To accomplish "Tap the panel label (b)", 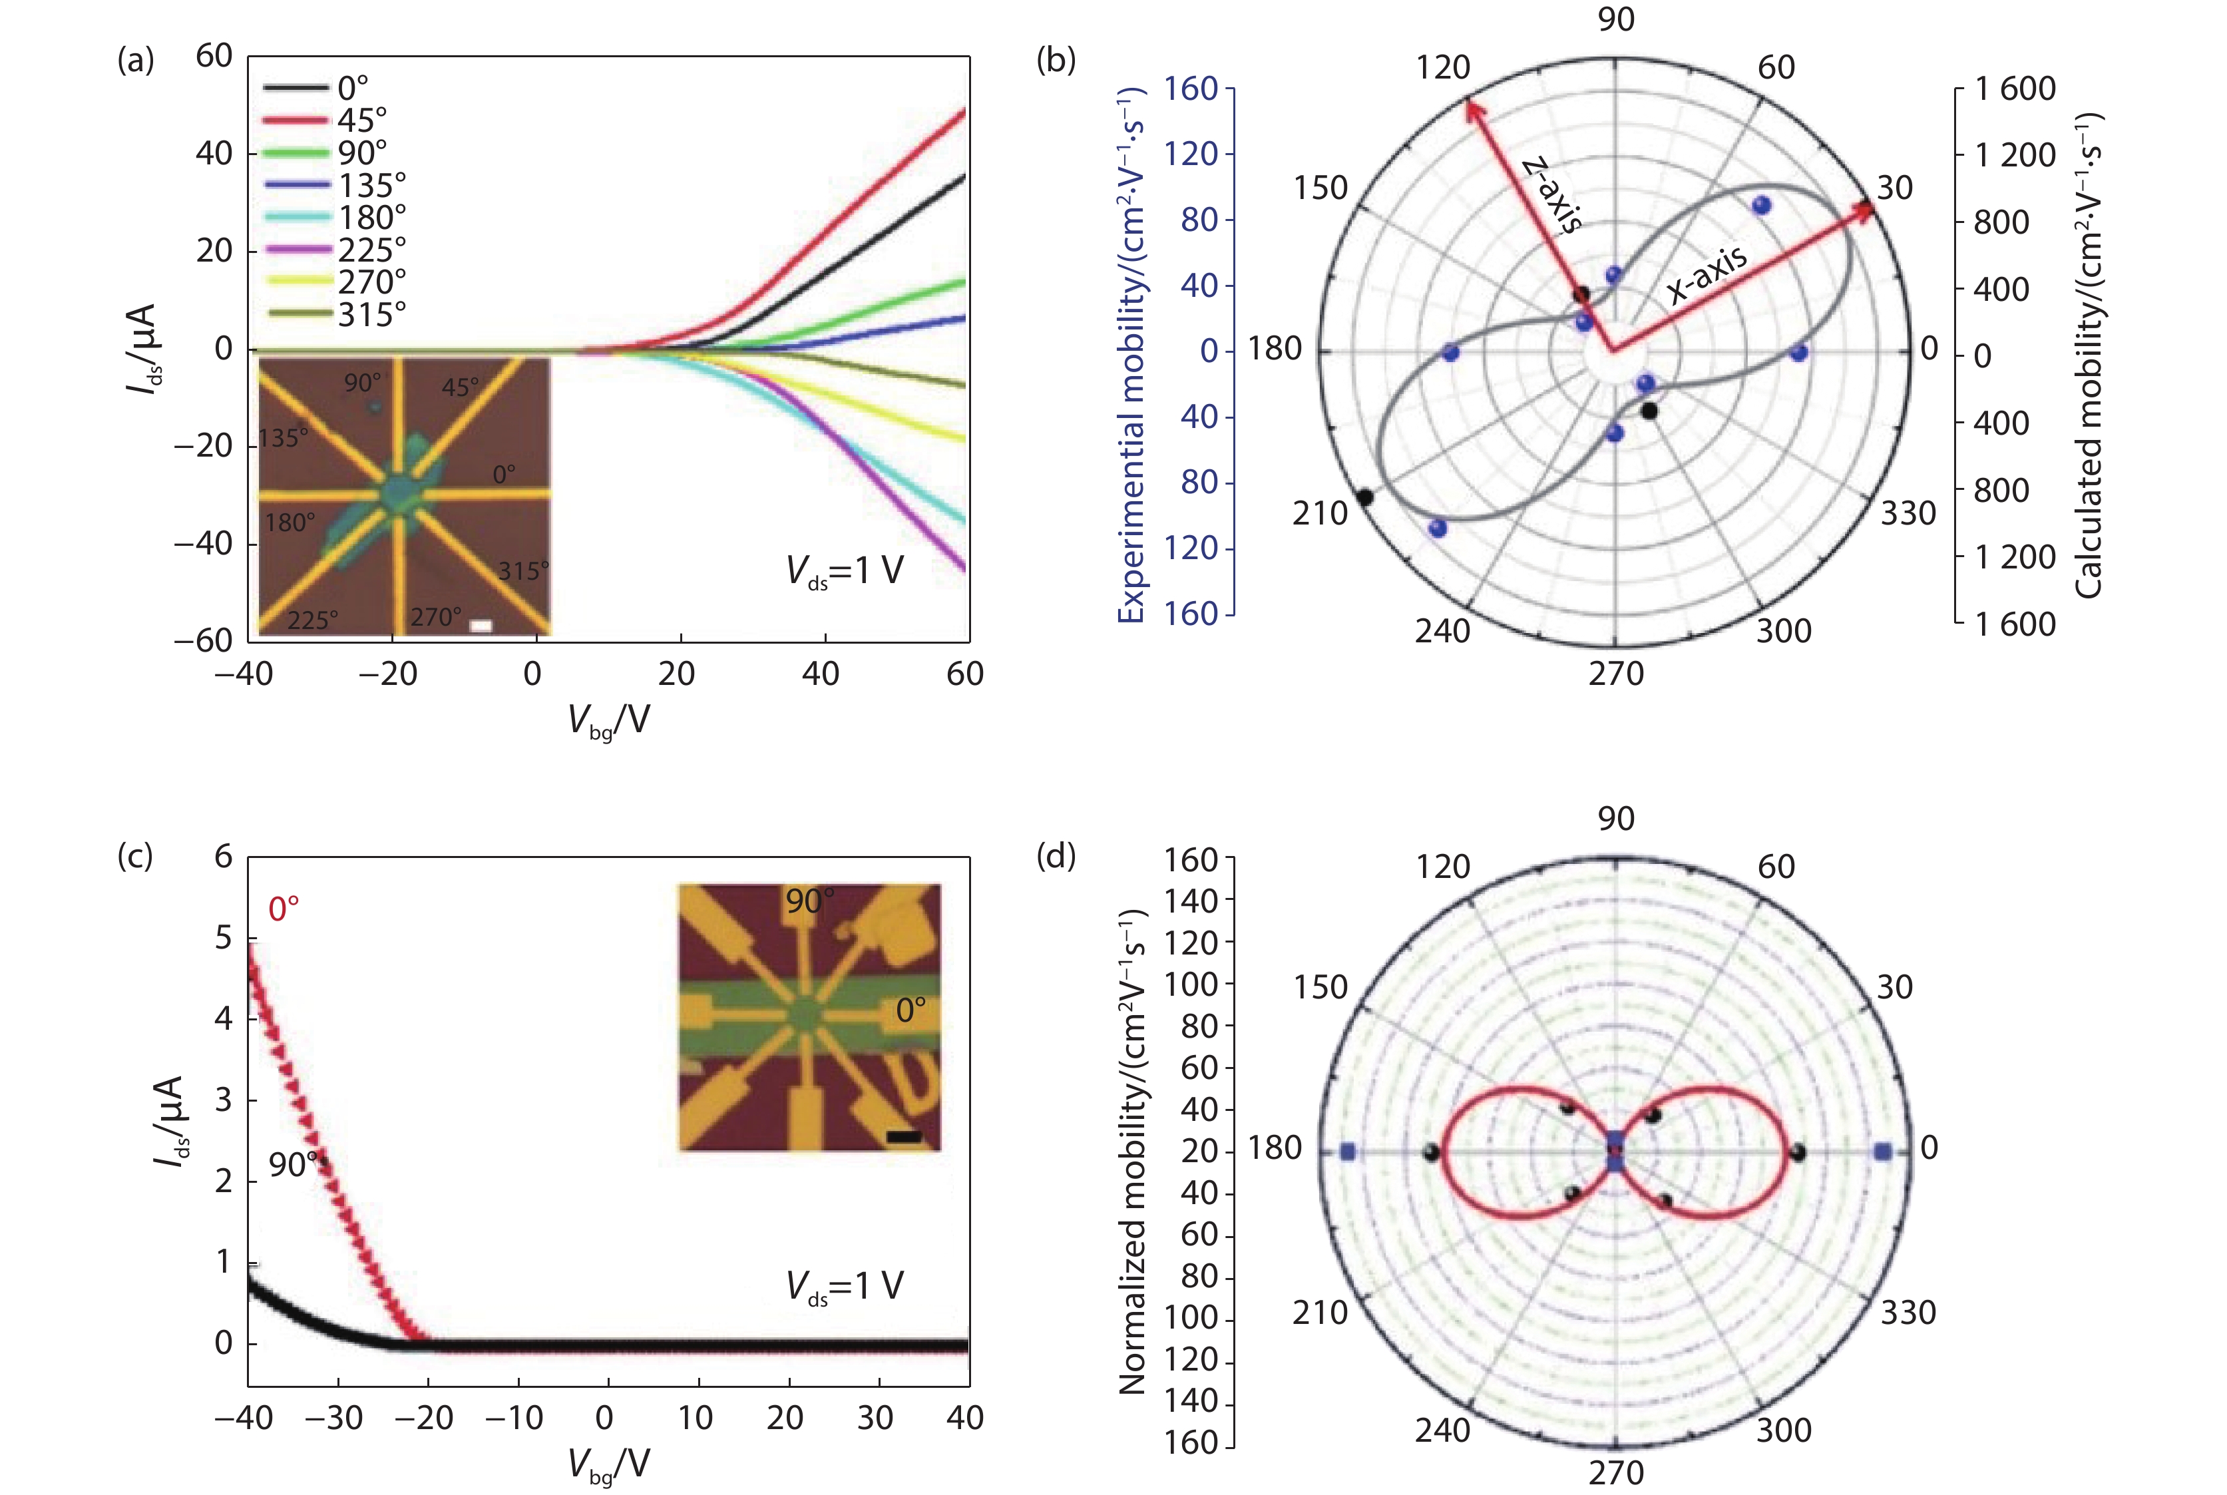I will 1056,60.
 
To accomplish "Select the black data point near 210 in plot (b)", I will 1364,497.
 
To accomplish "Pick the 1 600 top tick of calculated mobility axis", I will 2015,89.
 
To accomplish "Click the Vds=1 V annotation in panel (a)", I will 844,571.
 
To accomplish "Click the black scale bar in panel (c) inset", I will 903,1136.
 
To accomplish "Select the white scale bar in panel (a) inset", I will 481,626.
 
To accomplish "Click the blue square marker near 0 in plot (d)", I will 1882,1152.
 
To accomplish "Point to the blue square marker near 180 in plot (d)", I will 1347,1152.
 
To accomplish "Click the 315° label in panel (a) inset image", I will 522,571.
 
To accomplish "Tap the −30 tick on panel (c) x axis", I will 335,1418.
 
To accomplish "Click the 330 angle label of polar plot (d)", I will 1908,1313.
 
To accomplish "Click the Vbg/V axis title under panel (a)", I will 608,721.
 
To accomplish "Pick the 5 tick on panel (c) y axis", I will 223,938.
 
